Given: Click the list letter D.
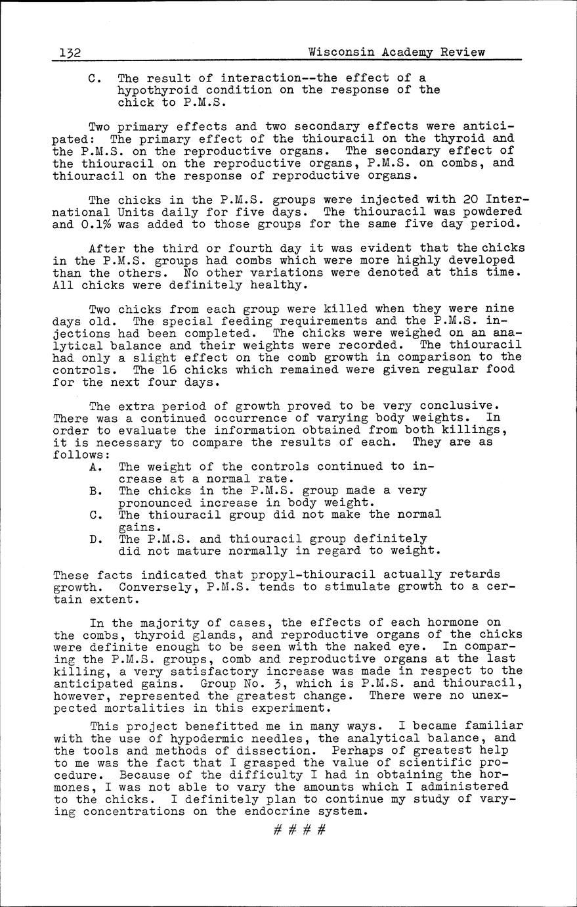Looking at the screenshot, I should (x=96, y=539).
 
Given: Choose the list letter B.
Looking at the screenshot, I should (x=96, y=490).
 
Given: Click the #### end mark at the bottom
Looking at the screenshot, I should (x=299, y=829).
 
